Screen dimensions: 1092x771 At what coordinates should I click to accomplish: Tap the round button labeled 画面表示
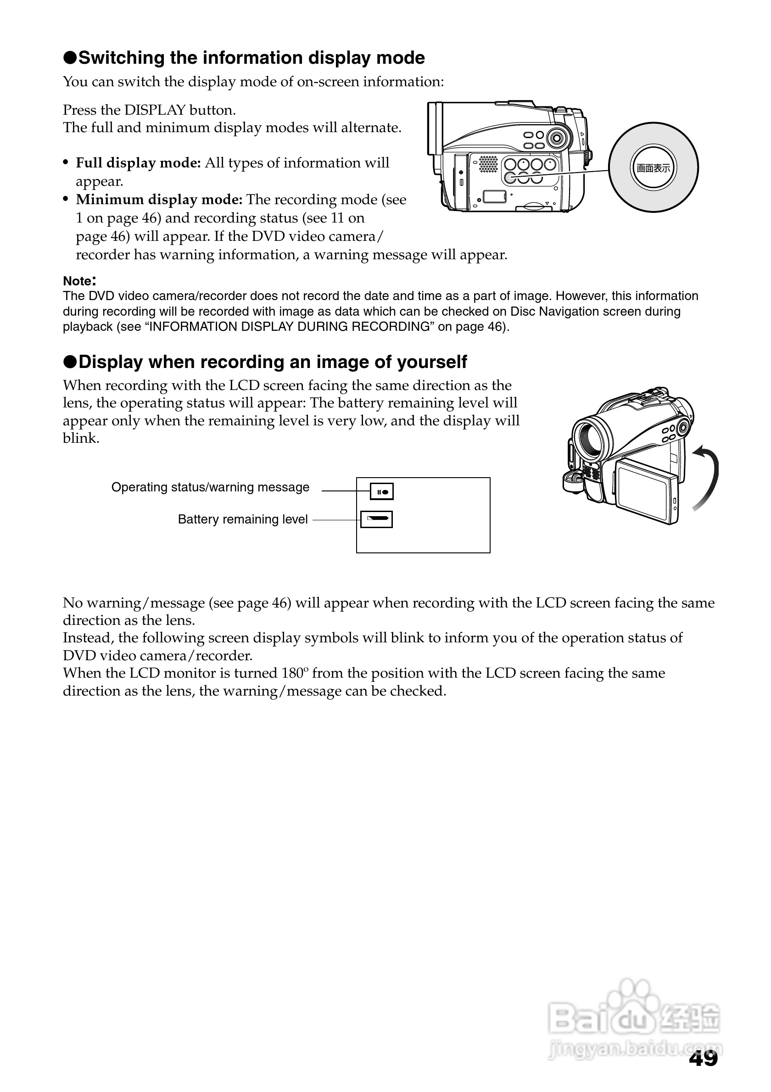pos(653,168)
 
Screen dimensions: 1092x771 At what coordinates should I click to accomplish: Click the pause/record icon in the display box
pos(382,491)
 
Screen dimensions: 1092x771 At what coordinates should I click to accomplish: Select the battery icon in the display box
pos(377,519)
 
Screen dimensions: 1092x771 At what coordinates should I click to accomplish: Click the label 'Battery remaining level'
pos(243,519)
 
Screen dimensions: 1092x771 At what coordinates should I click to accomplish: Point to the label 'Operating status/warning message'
pos(210,487)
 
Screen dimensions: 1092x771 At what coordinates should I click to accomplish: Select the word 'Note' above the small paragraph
pos(77,281)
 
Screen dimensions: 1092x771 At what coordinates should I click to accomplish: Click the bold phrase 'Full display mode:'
pos(139,163)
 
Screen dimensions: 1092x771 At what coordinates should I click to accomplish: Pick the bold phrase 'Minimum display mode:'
pos(159,200)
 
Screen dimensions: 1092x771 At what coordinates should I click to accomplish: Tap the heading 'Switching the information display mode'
pos(251,58)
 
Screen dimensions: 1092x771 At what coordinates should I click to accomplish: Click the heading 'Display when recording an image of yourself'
pos(273,362)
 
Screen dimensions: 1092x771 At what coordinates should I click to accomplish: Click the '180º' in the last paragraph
pos(295,674)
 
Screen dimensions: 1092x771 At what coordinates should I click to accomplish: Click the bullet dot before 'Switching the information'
pos(70,58)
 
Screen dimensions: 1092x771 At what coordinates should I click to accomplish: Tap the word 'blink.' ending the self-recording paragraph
pos(81,439)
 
